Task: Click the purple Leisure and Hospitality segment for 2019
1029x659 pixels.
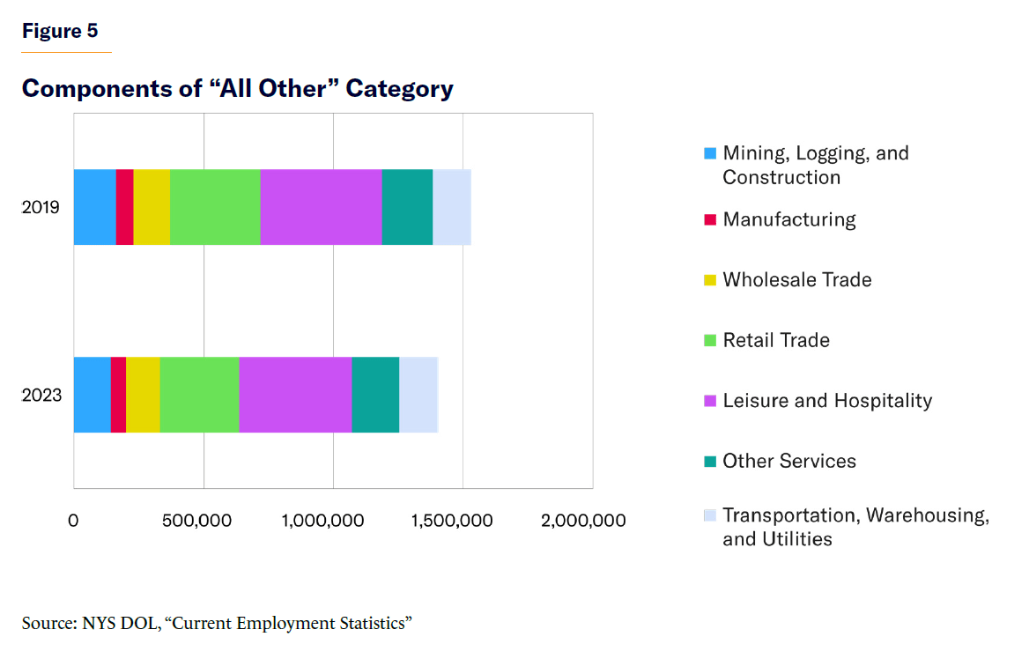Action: click(x=321, y=207)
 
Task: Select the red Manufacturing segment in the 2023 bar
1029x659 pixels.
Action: click(x=118, y=395)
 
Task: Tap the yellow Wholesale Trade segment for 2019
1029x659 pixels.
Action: click(x=152, y=207)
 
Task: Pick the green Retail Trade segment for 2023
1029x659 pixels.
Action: click(x=199, y=395)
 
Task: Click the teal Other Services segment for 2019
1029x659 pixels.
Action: click(x=407, y=207)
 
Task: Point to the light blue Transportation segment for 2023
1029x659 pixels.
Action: click(x=418, y=395)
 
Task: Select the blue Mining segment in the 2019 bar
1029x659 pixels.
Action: click(x=94, y=207)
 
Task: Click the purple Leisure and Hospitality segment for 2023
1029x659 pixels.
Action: click(x=295, y=395)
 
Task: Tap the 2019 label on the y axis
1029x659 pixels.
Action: click(x=41, y=208)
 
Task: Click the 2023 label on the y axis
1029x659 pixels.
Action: click(x=41, y=395)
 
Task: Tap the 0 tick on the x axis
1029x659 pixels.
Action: click(x=74, y=521)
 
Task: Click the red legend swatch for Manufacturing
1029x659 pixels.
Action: click(x=710, y=219)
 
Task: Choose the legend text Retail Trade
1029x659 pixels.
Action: click(x=776, y=340)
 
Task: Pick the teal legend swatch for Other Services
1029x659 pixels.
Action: click(x=710, y=461)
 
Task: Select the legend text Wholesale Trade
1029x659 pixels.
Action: click(x=797, y=280)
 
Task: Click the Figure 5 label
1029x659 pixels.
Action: click(x=60, y=31)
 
